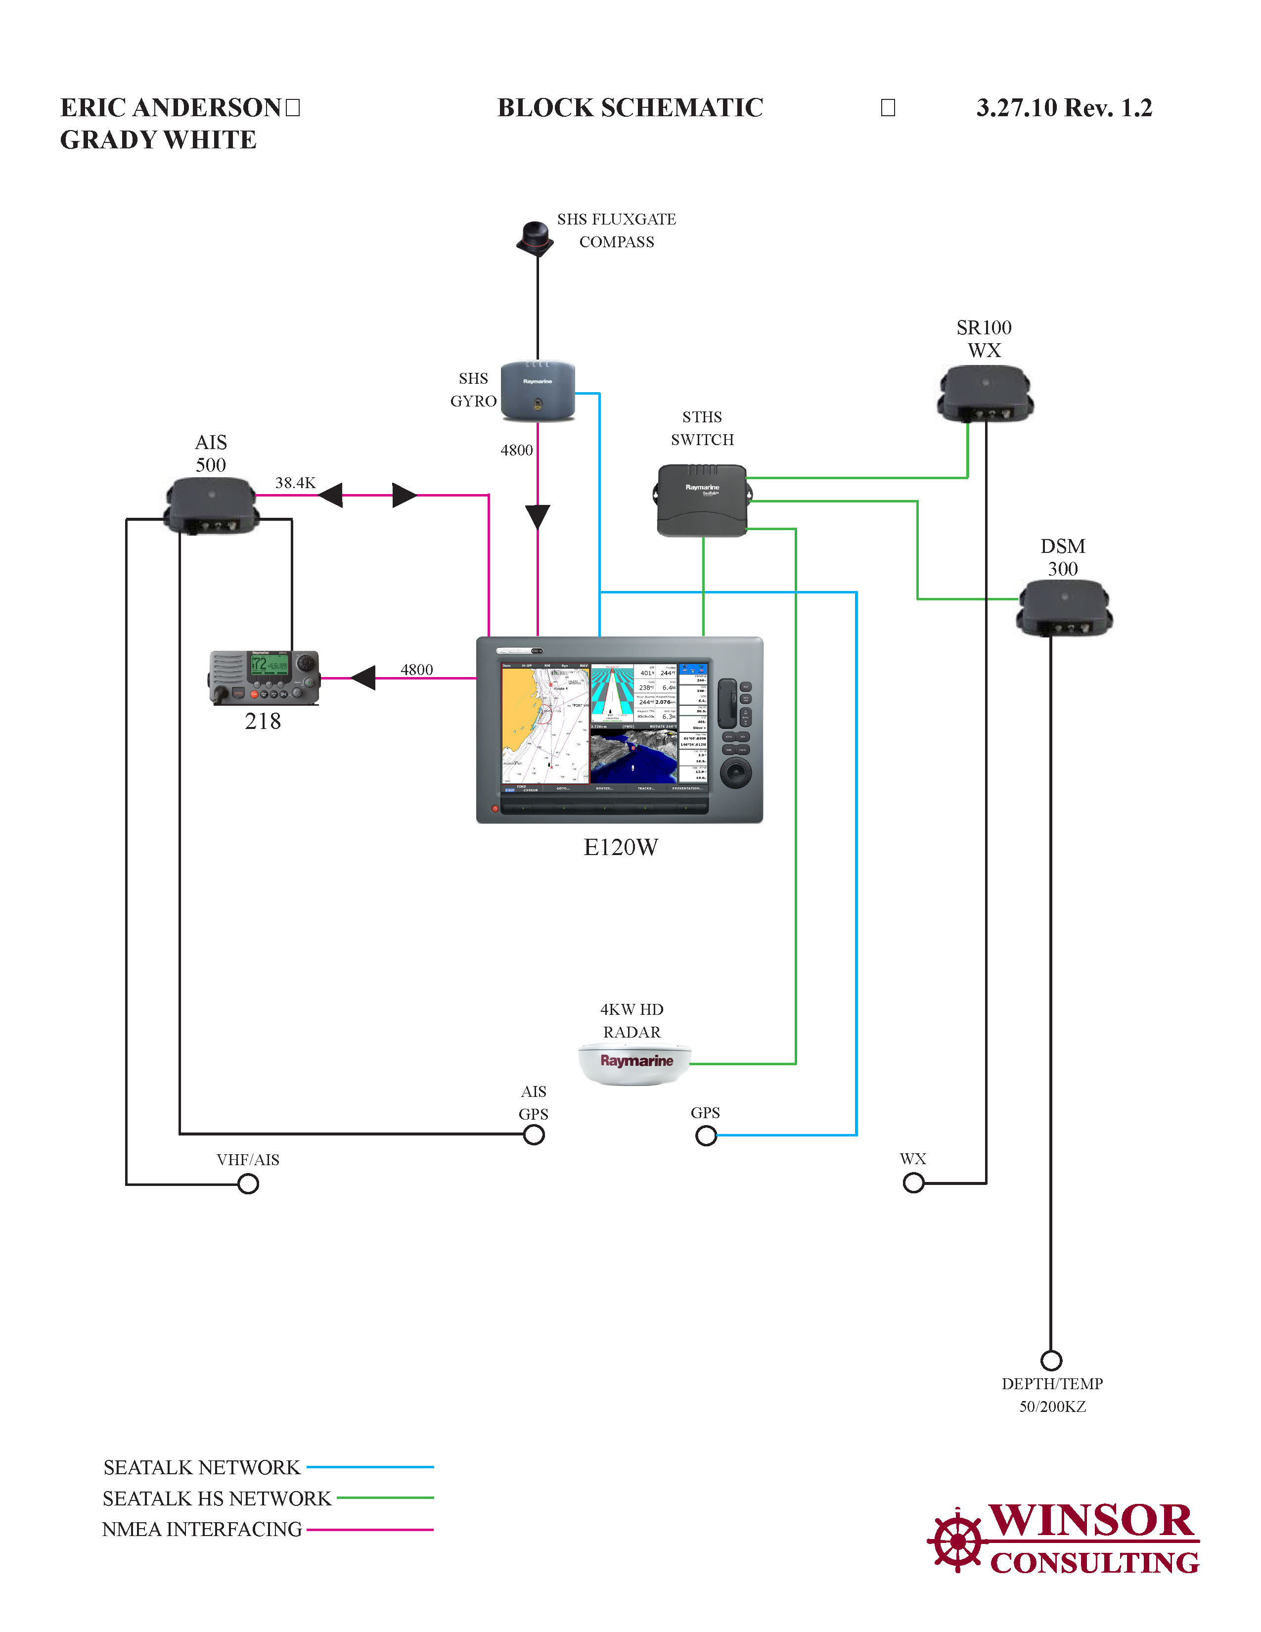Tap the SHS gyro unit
click(537, 391)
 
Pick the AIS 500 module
click(212, 506)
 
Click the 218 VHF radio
click(265, 677)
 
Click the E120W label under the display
click(620, 847)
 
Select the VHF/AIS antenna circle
click(248, 1183)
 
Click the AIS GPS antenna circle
click(534, 1135)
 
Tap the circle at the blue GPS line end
click(706, 1136)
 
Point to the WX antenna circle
click(913, 1183)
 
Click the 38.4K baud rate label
click(295, 483)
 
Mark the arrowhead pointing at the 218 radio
click(364, 678)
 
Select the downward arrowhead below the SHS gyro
click(537, 516)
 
